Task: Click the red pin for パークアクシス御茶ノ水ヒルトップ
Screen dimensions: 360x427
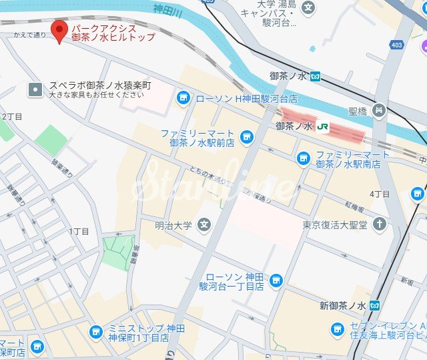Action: click(x=61, y=31)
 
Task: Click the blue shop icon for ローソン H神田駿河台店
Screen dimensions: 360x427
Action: click(x=183, y=99)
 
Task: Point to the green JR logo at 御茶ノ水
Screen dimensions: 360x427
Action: click(x=323, y=126)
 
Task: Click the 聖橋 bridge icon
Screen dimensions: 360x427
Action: click(x=379, y=110)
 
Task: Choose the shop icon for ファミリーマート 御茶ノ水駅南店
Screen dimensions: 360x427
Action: click(x=303, y=158)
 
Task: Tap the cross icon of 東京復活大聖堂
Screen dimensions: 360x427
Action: click(x=380, y=224)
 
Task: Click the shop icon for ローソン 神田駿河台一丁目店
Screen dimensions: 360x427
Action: click(x=276, y=281)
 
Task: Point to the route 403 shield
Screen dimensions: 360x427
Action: click(x=398, y=45)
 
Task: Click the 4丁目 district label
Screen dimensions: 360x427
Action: click(x=379, y=194)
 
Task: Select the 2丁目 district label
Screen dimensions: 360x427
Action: click(x=12, y=117)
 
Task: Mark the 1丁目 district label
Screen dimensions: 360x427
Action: click(x=79, y=230)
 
